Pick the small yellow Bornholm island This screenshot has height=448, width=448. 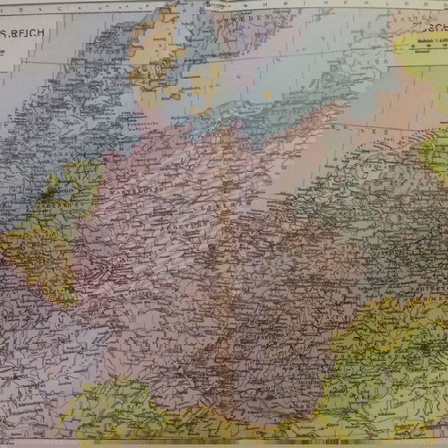(268, 95)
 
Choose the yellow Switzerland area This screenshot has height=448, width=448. (108, 412)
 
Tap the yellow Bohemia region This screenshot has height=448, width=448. (385, 349)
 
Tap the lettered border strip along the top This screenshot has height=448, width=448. (224, 4)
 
